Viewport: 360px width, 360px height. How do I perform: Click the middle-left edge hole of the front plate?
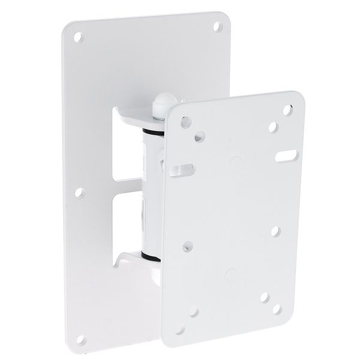pos(188,245)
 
